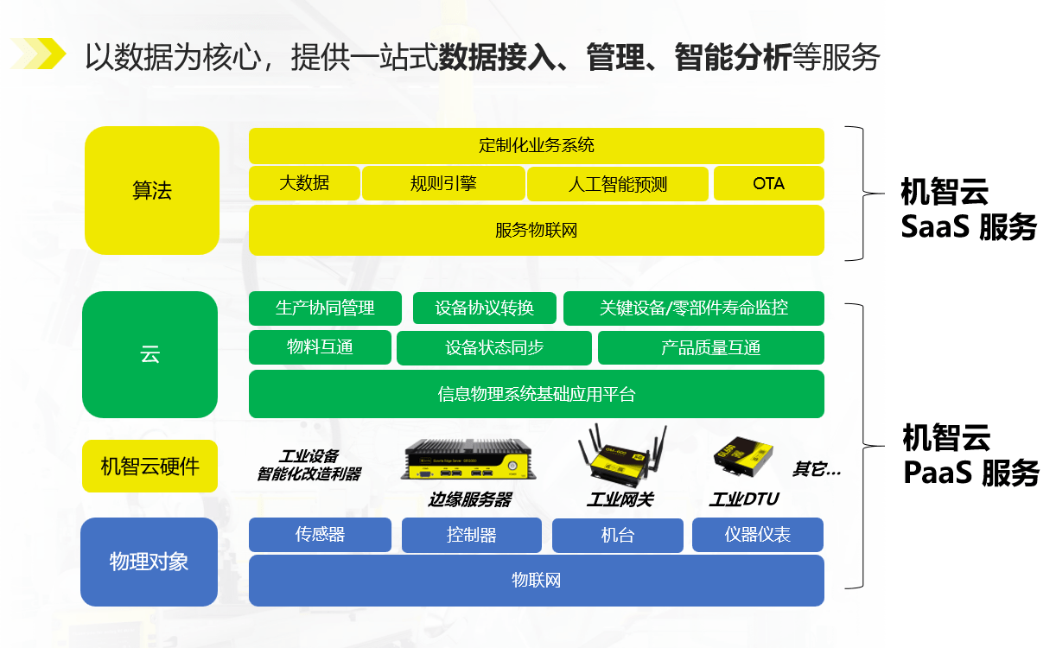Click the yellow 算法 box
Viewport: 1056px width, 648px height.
click(152, 191)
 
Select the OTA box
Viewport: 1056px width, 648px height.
click(768, 183)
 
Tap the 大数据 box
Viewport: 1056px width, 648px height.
click(304, 183)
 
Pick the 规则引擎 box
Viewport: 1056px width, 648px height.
click(443, 183)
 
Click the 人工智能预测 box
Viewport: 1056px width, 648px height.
click(618, 183)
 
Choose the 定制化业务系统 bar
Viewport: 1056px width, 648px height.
click(536, 145)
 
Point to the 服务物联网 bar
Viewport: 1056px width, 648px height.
click(536, 230)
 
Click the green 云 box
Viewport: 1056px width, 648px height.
click(149, 354)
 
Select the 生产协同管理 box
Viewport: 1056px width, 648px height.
click(325, 308)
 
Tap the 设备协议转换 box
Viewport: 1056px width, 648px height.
click(484, 308)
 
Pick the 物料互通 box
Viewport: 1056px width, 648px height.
click(320, 347)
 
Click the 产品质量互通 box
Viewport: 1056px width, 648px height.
click(710, 347)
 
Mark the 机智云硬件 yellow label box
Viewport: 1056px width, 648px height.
click(150, 467)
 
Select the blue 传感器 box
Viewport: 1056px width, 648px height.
click(320, 535)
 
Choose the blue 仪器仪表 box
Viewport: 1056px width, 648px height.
click(757, 535)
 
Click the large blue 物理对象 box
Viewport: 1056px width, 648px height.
click(149, 562)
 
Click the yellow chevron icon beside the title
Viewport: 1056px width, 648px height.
click(39, 54)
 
